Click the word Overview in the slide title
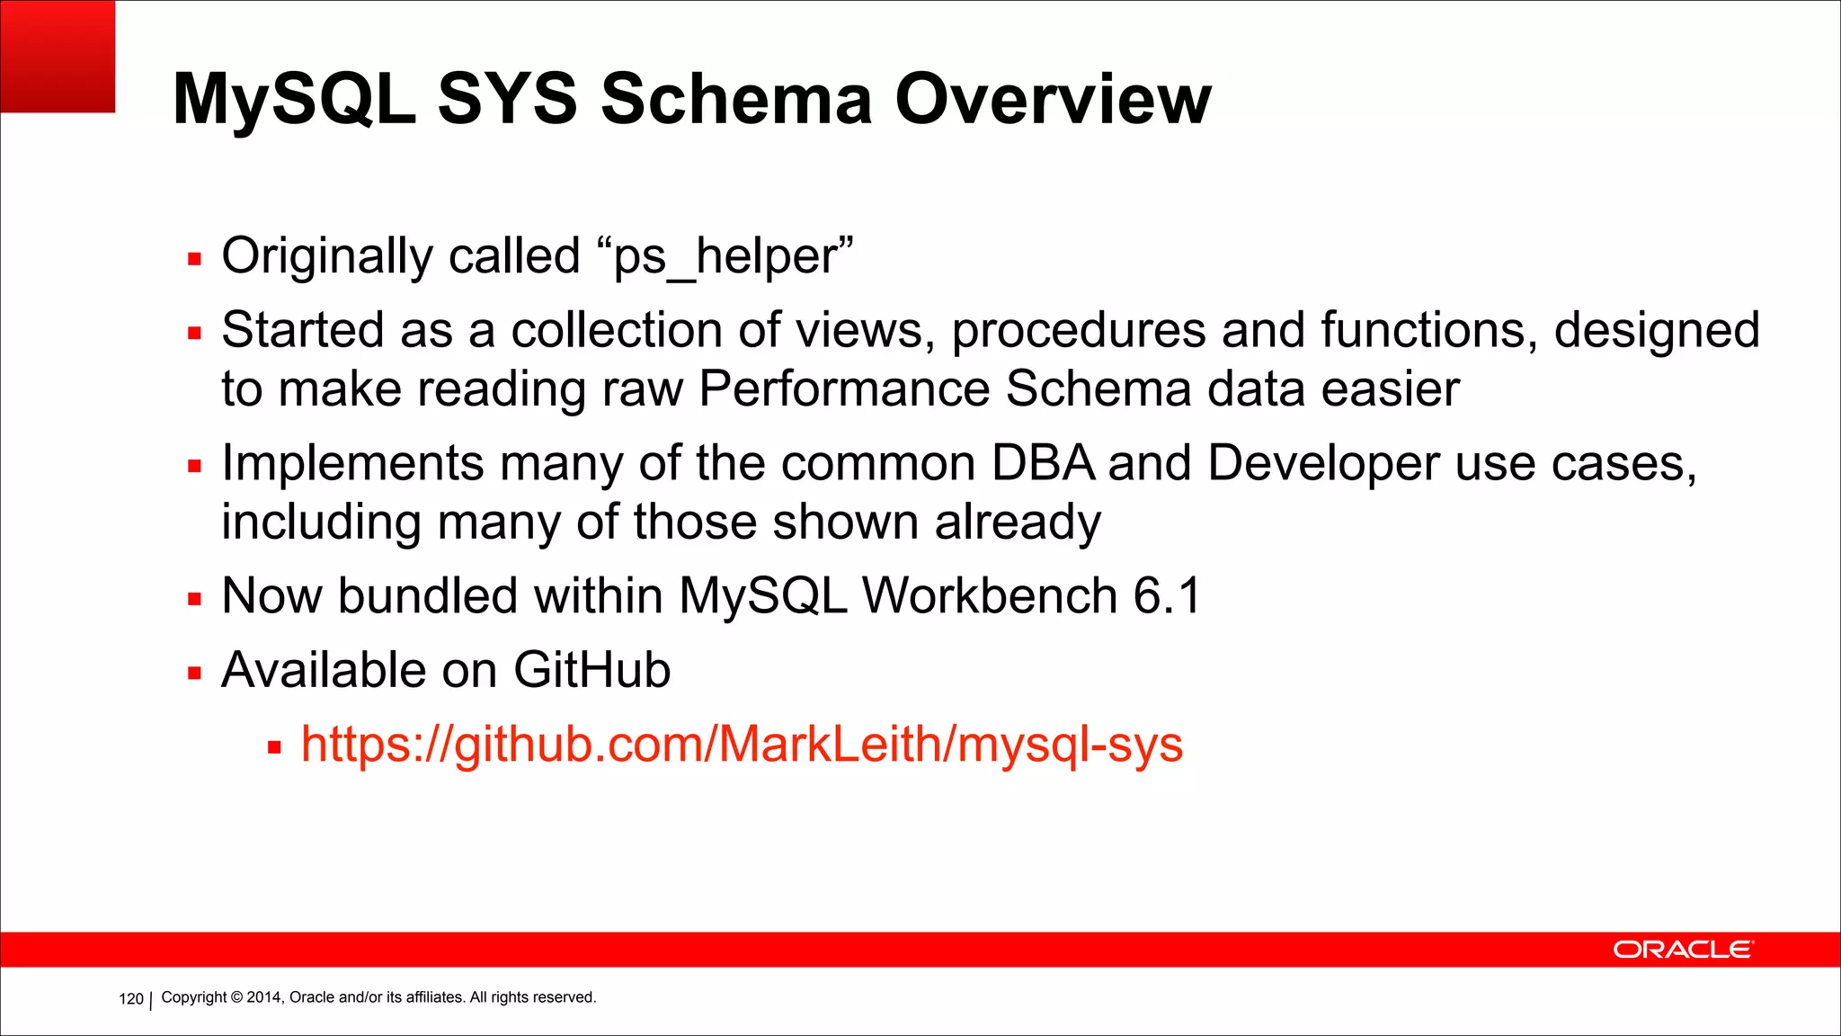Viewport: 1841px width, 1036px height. tap(1053, 99)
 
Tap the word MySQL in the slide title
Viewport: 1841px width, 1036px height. tap(295, 99)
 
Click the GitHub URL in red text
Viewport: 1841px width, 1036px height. tap(742, 745)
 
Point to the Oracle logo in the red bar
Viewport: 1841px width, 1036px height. tap(1682, 950)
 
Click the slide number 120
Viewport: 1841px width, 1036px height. tap(131, 998)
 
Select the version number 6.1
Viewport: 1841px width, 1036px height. tap(1167, 596)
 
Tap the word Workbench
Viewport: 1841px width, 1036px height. tap(989, 596)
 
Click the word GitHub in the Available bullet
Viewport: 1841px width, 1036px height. tap(591, 671)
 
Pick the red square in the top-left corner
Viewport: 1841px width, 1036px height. tap(58, 56)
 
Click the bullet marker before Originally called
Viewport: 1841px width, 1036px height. tap(194, 260)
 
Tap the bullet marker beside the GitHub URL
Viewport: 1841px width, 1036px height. tap(274, 747)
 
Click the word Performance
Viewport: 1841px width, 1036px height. tap(844, 389)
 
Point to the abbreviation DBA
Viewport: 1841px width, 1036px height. tap(1043, 464)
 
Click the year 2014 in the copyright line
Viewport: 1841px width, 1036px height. tap(263, 997)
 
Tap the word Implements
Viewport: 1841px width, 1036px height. tap(353, 464)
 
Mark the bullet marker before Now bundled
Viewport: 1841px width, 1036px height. tap(194, 600)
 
